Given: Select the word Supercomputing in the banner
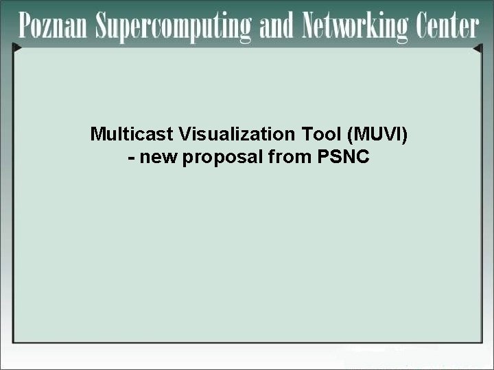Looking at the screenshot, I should (174, 27).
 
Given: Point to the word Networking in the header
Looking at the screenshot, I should (355, 27).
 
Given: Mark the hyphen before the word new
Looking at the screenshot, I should (130, 158).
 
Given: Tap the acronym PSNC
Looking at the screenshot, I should (344, 158).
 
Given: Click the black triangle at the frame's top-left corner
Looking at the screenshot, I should (17, 48).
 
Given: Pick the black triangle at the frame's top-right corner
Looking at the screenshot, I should (478, 49).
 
